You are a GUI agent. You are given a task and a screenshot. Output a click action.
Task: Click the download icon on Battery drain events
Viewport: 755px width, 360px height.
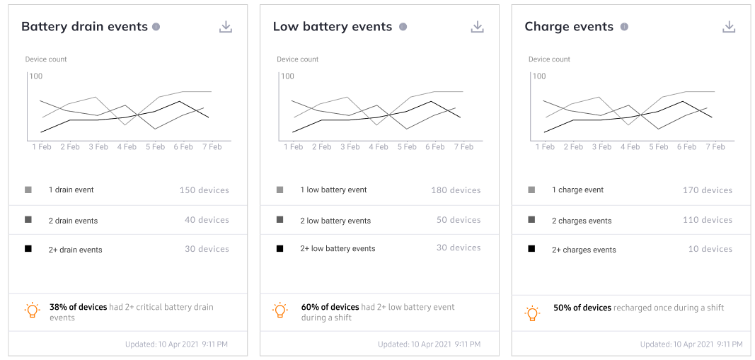226,27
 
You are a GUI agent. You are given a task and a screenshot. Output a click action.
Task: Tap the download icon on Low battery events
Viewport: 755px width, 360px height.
477,27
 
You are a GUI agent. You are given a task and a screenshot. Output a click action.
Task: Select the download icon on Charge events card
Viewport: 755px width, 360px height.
729,27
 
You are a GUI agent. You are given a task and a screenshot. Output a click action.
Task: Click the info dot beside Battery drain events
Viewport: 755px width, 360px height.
156,26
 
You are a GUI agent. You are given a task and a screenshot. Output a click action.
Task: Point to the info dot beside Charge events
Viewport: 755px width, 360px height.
624,26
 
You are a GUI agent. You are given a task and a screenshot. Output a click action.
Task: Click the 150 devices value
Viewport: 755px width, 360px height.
204,190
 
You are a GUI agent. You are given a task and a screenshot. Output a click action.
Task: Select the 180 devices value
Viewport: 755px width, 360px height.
456,190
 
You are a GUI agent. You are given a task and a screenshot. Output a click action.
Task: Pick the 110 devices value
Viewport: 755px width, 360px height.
708,220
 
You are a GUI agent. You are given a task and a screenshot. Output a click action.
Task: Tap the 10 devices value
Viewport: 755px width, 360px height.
710,249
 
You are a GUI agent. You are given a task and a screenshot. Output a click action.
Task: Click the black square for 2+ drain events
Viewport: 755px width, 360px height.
28,249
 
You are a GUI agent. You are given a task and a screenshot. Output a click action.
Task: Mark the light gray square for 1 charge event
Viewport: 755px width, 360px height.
531,190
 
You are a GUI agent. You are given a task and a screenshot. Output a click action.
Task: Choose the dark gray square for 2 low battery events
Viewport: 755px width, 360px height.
279,219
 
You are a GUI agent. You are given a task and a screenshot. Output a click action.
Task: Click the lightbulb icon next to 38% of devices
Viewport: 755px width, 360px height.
33,310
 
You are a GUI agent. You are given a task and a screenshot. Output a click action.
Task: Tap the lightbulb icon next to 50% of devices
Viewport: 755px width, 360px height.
532,313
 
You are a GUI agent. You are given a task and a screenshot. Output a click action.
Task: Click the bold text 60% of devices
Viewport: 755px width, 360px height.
330,307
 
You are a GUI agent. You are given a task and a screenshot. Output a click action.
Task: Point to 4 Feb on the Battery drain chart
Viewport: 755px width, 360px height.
127,147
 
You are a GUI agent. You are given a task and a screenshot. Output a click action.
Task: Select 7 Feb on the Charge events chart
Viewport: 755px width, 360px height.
715,147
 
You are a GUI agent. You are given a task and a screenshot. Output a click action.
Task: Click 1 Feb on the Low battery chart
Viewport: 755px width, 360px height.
293,147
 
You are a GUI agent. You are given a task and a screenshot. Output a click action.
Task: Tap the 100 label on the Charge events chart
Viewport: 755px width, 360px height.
539,76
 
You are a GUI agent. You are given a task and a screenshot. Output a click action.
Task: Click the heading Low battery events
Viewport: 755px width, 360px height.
333,26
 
